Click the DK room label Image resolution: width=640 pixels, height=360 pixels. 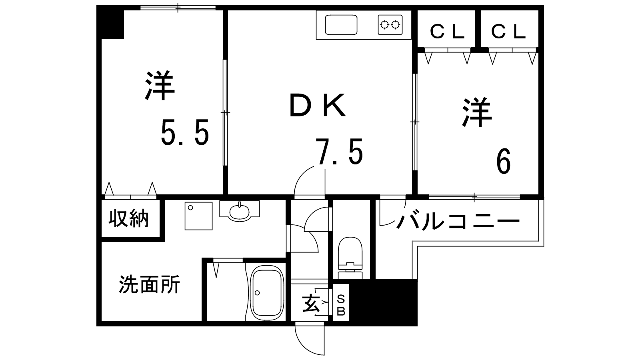(318, 105)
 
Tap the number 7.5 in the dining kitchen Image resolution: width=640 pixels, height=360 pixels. (339, 152)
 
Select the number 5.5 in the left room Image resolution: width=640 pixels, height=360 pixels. (185, 132)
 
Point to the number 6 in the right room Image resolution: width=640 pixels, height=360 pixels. (503, 161)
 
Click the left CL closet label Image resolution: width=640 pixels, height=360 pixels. (447, 32)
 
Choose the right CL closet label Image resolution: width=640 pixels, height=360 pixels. (508, 32)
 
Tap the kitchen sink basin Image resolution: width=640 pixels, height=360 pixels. (341, 24)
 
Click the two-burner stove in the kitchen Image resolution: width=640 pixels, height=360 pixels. (390, 25)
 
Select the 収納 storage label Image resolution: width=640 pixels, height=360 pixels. (128, 218)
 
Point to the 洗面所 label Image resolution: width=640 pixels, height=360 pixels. (150, 284)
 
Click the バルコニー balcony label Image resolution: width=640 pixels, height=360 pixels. (458, 221)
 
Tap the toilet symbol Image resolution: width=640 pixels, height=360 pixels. (350, 258)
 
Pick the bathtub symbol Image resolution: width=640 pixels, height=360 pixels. (267, 293)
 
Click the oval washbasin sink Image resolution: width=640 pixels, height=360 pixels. (240, 212)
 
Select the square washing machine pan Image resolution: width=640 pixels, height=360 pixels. (198, 216)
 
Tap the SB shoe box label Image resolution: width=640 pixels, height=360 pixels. (341, 305)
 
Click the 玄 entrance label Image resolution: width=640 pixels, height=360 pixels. (310, 304)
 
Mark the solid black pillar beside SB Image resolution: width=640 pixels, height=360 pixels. (383, 302)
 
